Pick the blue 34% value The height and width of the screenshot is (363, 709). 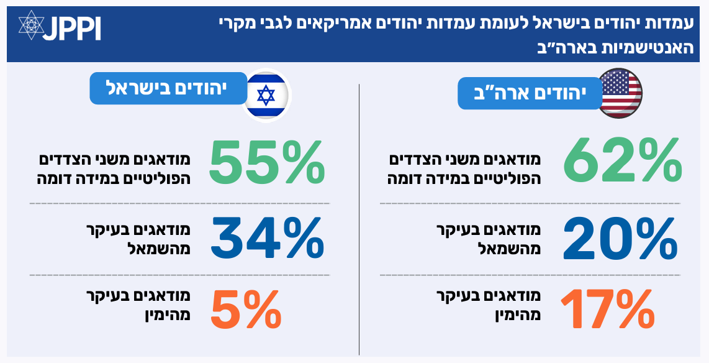[267, 238]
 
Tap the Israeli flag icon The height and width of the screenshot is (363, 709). [266, 93]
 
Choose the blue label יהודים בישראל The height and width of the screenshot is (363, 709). [168, 87]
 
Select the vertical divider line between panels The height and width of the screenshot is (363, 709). [359, 218]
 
